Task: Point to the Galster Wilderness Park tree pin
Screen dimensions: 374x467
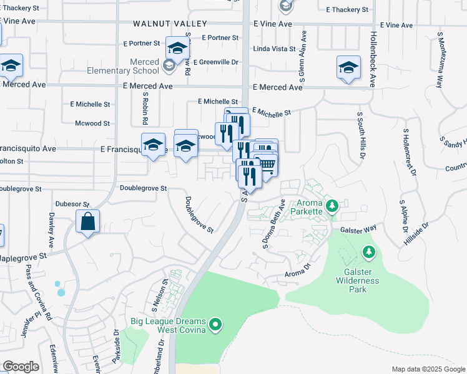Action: [368, 251]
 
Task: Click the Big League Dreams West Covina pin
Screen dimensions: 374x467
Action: [215, 325]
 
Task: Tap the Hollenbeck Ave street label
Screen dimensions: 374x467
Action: [373, 59]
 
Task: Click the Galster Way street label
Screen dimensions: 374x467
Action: [358, 229]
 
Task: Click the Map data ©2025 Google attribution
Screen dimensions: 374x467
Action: [428, 369]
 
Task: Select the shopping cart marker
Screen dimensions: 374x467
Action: [267, 163]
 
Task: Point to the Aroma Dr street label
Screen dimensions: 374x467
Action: [297, 271]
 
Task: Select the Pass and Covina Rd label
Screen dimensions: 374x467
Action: [30, 287]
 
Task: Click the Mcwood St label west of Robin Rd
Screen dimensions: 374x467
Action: [92, 123]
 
